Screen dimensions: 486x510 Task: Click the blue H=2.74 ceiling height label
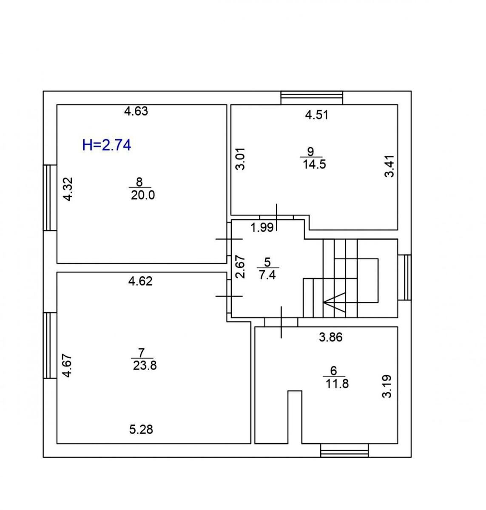tap(107, 145)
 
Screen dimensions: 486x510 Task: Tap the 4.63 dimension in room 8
tap(136, 111)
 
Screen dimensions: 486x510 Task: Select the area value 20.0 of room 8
tap(143, 195)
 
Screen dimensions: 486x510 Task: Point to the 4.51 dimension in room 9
tap(317, 115)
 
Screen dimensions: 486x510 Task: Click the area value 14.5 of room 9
tap(314, 164)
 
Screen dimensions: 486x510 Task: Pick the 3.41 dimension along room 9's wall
tap(389, 166)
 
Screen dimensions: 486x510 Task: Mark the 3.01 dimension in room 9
tap(240, 159)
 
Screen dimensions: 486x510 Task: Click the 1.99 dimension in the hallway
tap(262, 228)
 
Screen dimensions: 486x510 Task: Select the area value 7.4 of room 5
tap(267, 275)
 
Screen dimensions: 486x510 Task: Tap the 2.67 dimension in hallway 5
tap(240, 267)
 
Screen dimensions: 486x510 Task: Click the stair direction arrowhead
tap(334, 302)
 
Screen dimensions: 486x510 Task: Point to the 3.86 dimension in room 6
tap(331, 337)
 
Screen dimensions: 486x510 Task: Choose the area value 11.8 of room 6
tap(337, 384)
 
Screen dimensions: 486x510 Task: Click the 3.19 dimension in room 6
tap(387, 386)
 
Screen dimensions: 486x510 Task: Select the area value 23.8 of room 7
tap(145, 366)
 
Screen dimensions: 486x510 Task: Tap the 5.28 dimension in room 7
tap(141, 430)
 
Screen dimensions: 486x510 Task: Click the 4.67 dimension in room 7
tap(68, 366)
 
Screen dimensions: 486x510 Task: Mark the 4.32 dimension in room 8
tap(68, 189)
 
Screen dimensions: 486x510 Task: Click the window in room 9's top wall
tap(312, 98)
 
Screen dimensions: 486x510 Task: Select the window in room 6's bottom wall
tap(344, 450)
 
